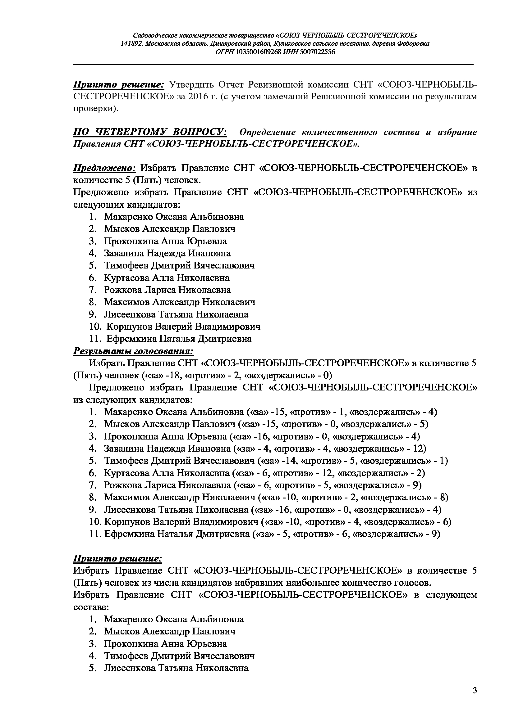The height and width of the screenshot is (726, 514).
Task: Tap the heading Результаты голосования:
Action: click(x=134, y=351)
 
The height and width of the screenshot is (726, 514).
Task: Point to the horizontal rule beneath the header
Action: click(x=273, y=65)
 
